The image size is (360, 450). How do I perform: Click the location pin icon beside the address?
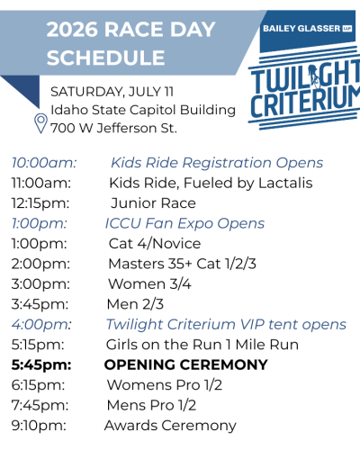[40, 122]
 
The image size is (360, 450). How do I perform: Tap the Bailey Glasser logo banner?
[305, 28]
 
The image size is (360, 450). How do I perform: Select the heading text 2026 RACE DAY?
[131, 29]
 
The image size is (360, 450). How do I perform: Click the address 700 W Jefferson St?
[113, 128]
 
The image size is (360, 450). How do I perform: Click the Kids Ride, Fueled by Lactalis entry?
[211, 184]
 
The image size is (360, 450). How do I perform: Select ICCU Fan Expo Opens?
[184, 223]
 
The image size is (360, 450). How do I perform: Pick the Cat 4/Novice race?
[155, 244]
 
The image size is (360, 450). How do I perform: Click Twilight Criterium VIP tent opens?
[226, 324]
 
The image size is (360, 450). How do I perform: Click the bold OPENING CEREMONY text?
[186, 364]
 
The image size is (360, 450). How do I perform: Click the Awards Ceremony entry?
[170, 426]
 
